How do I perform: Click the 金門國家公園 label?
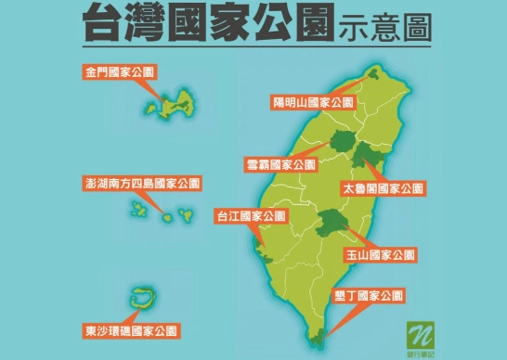tap(118, 72)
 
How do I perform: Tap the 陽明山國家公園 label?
tap(313, 103)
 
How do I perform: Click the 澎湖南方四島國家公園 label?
tap(142, 184)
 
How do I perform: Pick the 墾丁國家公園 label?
tap(370, 297)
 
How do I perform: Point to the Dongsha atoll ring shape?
tap(142, 299)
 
